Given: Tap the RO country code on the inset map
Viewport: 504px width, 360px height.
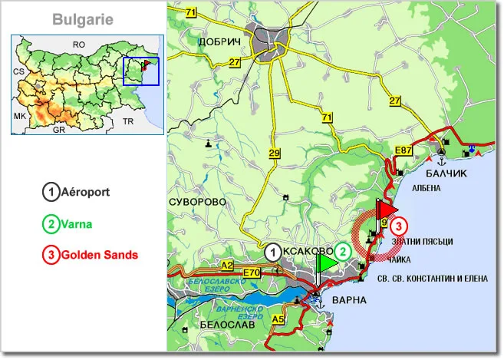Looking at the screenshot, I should coord(78,45).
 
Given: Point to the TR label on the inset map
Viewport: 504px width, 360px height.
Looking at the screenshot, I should coord(128,122).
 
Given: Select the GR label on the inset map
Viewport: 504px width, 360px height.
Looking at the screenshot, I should coord(58,130).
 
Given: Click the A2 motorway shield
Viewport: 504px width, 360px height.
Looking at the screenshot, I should coord(226,265).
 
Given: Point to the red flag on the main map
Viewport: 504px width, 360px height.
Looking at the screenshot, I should coord(388,210).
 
